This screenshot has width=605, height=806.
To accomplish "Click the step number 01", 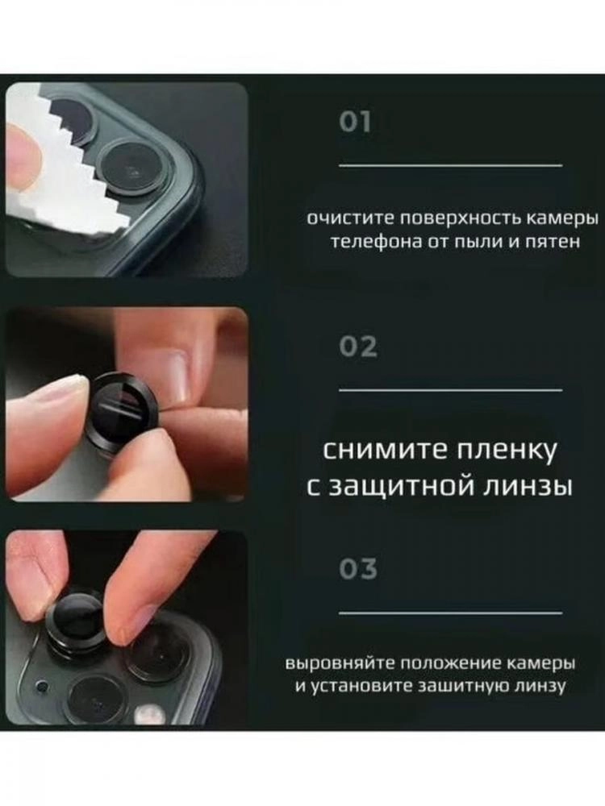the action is (x=354, y=123).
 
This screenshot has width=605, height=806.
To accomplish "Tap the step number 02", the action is (x=358, y=347).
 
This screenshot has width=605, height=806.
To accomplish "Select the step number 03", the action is (x=358, y=569).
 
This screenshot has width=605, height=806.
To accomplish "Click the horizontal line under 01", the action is (x=450, y=165).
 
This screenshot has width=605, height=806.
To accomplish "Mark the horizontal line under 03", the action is (x=450, y=613).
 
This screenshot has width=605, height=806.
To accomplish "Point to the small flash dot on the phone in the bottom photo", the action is (x=40, y=686).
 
